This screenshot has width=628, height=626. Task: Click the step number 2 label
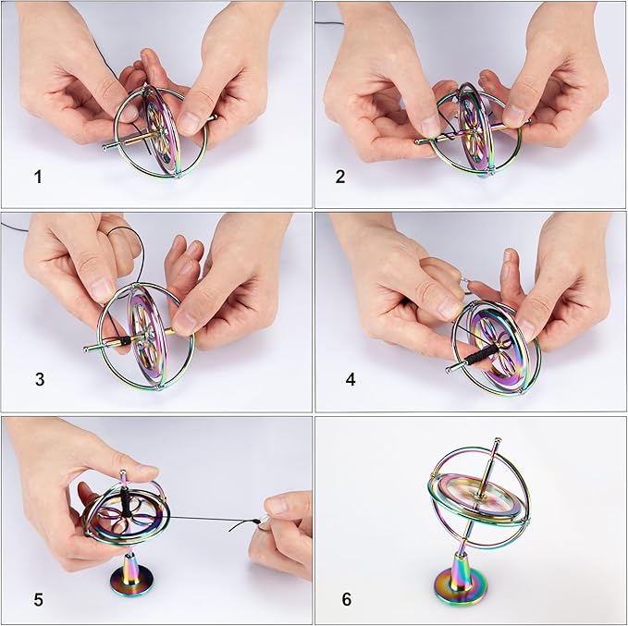click(x=339, y=176)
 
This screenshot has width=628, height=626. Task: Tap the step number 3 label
click(x=38, y=378)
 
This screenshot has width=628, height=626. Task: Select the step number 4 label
click(x=351, y=378)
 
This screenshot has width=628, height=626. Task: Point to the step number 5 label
click(x=38, y=599)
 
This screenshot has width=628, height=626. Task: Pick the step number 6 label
click(x=346, y=599)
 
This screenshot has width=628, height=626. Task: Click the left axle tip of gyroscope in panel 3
click(x=86, y=349)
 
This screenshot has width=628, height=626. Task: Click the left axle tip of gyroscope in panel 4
click(x=449, y=369)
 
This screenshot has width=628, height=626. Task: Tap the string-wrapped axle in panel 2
click(x=439, y=138)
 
